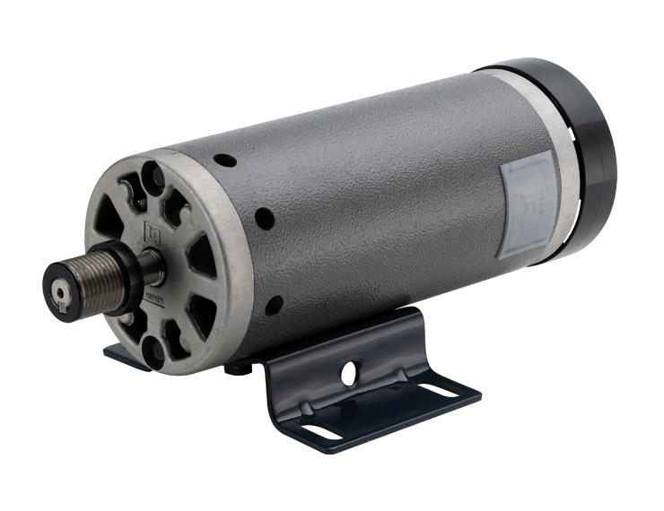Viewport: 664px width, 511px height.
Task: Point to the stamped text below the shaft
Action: tap(153, 305)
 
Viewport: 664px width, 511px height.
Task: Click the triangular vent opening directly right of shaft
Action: tap(200, 258)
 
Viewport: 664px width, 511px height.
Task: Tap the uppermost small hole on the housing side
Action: tap(226, 160)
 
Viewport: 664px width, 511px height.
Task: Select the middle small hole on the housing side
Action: tap(262, 218)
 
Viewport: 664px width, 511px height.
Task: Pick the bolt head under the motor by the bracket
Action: tap(234, 367)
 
